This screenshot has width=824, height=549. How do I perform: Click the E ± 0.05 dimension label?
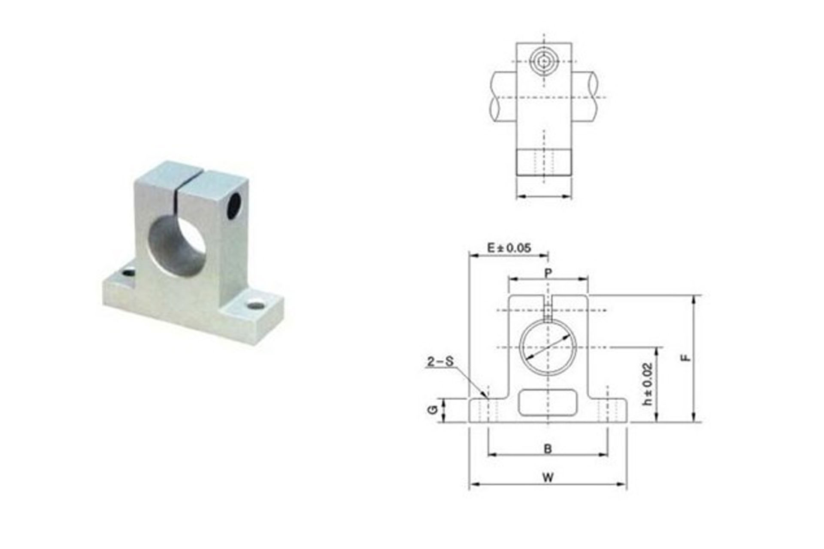click(509, 248)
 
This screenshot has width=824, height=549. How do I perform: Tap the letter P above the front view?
click(548, 273)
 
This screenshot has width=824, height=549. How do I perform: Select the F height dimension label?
click(688, 357)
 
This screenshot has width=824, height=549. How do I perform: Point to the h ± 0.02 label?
click(648, 384)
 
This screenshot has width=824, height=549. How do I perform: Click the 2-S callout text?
click(440, 362)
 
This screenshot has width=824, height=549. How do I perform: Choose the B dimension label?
click(548, 449)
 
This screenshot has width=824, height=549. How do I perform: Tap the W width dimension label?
click(548, 477)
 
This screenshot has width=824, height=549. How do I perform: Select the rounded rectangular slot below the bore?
click(547, 402)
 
